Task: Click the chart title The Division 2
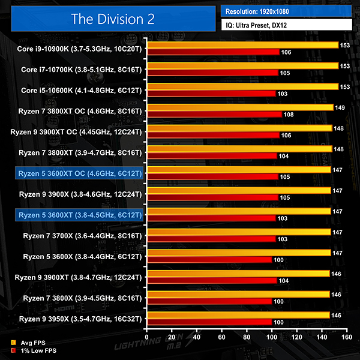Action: point(113,18)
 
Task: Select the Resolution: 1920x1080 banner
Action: point(287,11)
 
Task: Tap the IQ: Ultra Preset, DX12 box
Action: point(287,25)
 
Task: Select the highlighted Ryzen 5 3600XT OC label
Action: point(80,173)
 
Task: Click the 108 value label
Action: point(289,114)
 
